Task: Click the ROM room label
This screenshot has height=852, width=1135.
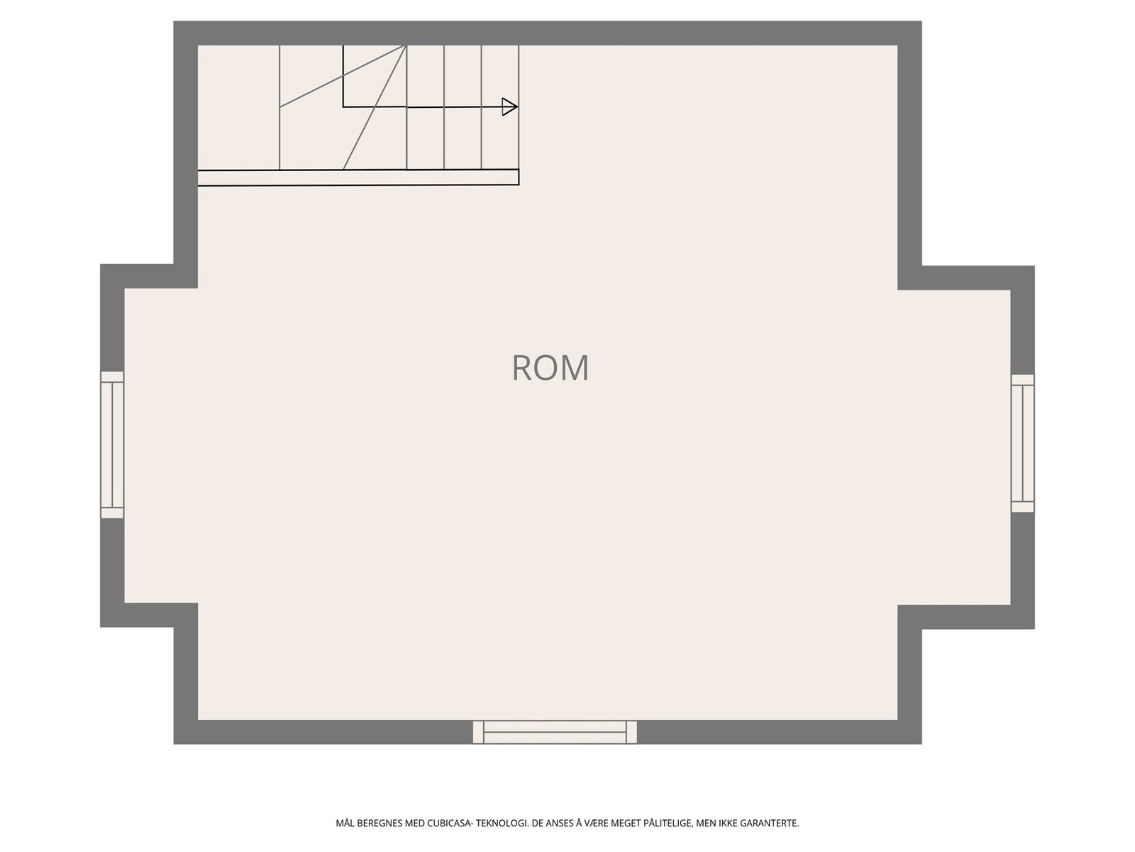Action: click(550, 368)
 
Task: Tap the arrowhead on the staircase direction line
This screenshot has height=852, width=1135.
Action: click(509, 107)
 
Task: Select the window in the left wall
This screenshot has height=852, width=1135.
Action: click(112, 444)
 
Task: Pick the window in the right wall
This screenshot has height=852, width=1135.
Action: click(1022, 443)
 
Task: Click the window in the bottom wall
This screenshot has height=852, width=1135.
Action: click(555, 732)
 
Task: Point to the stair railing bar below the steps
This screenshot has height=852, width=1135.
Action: click(358, 177)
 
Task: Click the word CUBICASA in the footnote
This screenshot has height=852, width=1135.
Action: click(450, 824)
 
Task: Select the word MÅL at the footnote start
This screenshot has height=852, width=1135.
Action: click(344, 824)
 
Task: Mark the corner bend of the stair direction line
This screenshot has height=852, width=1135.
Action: click(343, 107)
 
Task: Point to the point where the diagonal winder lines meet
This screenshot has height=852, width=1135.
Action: click(406, 46)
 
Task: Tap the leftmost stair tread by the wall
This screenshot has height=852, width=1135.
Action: click(238, 106)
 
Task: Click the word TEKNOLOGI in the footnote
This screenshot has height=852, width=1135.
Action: click(502, 824)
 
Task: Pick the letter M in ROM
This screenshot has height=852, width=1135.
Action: click(575, 368)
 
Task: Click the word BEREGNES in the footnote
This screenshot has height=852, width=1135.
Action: click(378, 824)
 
